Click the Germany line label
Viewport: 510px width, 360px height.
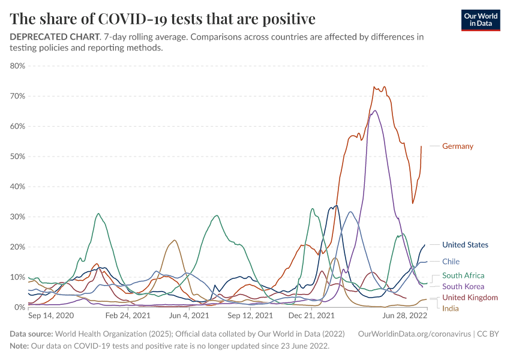(x=457, y=146)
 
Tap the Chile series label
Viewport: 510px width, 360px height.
(x=451, y=262)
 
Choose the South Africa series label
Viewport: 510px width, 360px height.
(x=463, y=276)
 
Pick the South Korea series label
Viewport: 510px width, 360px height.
(x=463, y=287)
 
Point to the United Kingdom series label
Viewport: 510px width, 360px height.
(x=470, y=298)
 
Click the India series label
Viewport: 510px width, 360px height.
(x=451, y=308)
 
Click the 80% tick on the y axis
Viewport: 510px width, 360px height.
(x=17, y=66)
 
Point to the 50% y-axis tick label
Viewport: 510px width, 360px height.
(x=17, y=157)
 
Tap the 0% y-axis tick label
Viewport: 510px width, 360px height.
(x=19, y=307)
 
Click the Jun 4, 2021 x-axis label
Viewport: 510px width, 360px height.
(x=190, y=315)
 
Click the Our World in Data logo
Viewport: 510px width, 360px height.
(x=481, y=20)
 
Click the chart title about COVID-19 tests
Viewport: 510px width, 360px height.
(x=163, y=19)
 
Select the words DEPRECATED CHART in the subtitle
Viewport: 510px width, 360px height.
(x=54, y=37)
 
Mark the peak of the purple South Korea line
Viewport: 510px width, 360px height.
(x=375, y=110)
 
